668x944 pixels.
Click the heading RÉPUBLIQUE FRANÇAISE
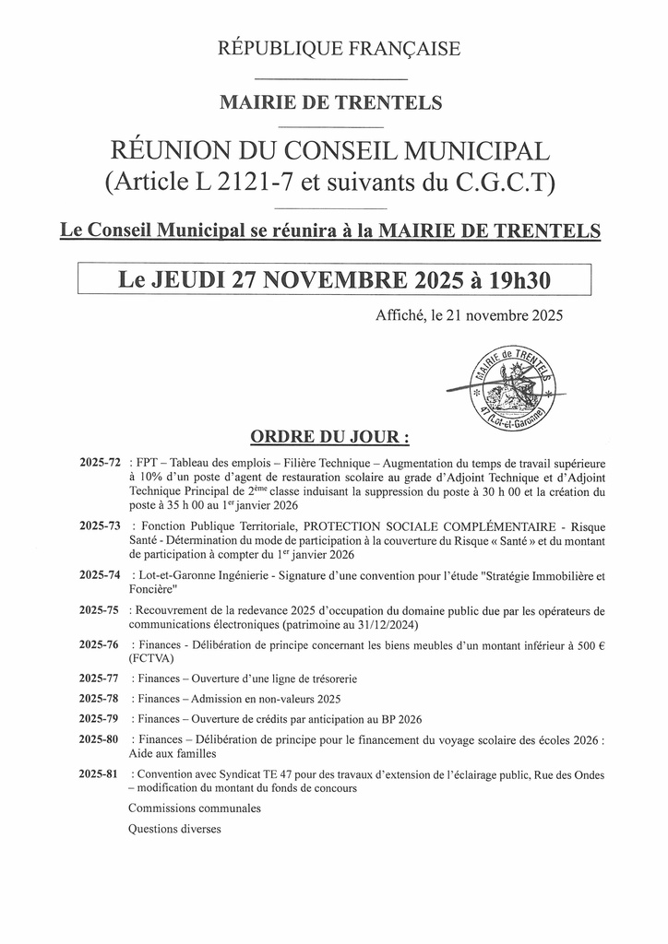coord(339,49)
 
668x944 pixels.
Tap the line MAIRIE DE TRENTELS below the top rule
coord(330,102)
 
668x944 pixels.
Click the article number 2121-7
coord(263,182)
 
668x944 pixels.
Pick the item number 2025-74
coord(100,576)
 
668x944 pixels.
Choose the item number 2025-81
coord(100,774)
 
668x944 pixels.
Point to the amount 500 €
coord(587,644)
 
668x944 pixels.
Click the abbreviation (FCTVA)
coord(152,658)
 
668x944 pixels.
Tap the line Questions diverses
coord(175,829)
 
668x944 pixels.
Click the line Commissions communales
coord(195,808)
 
